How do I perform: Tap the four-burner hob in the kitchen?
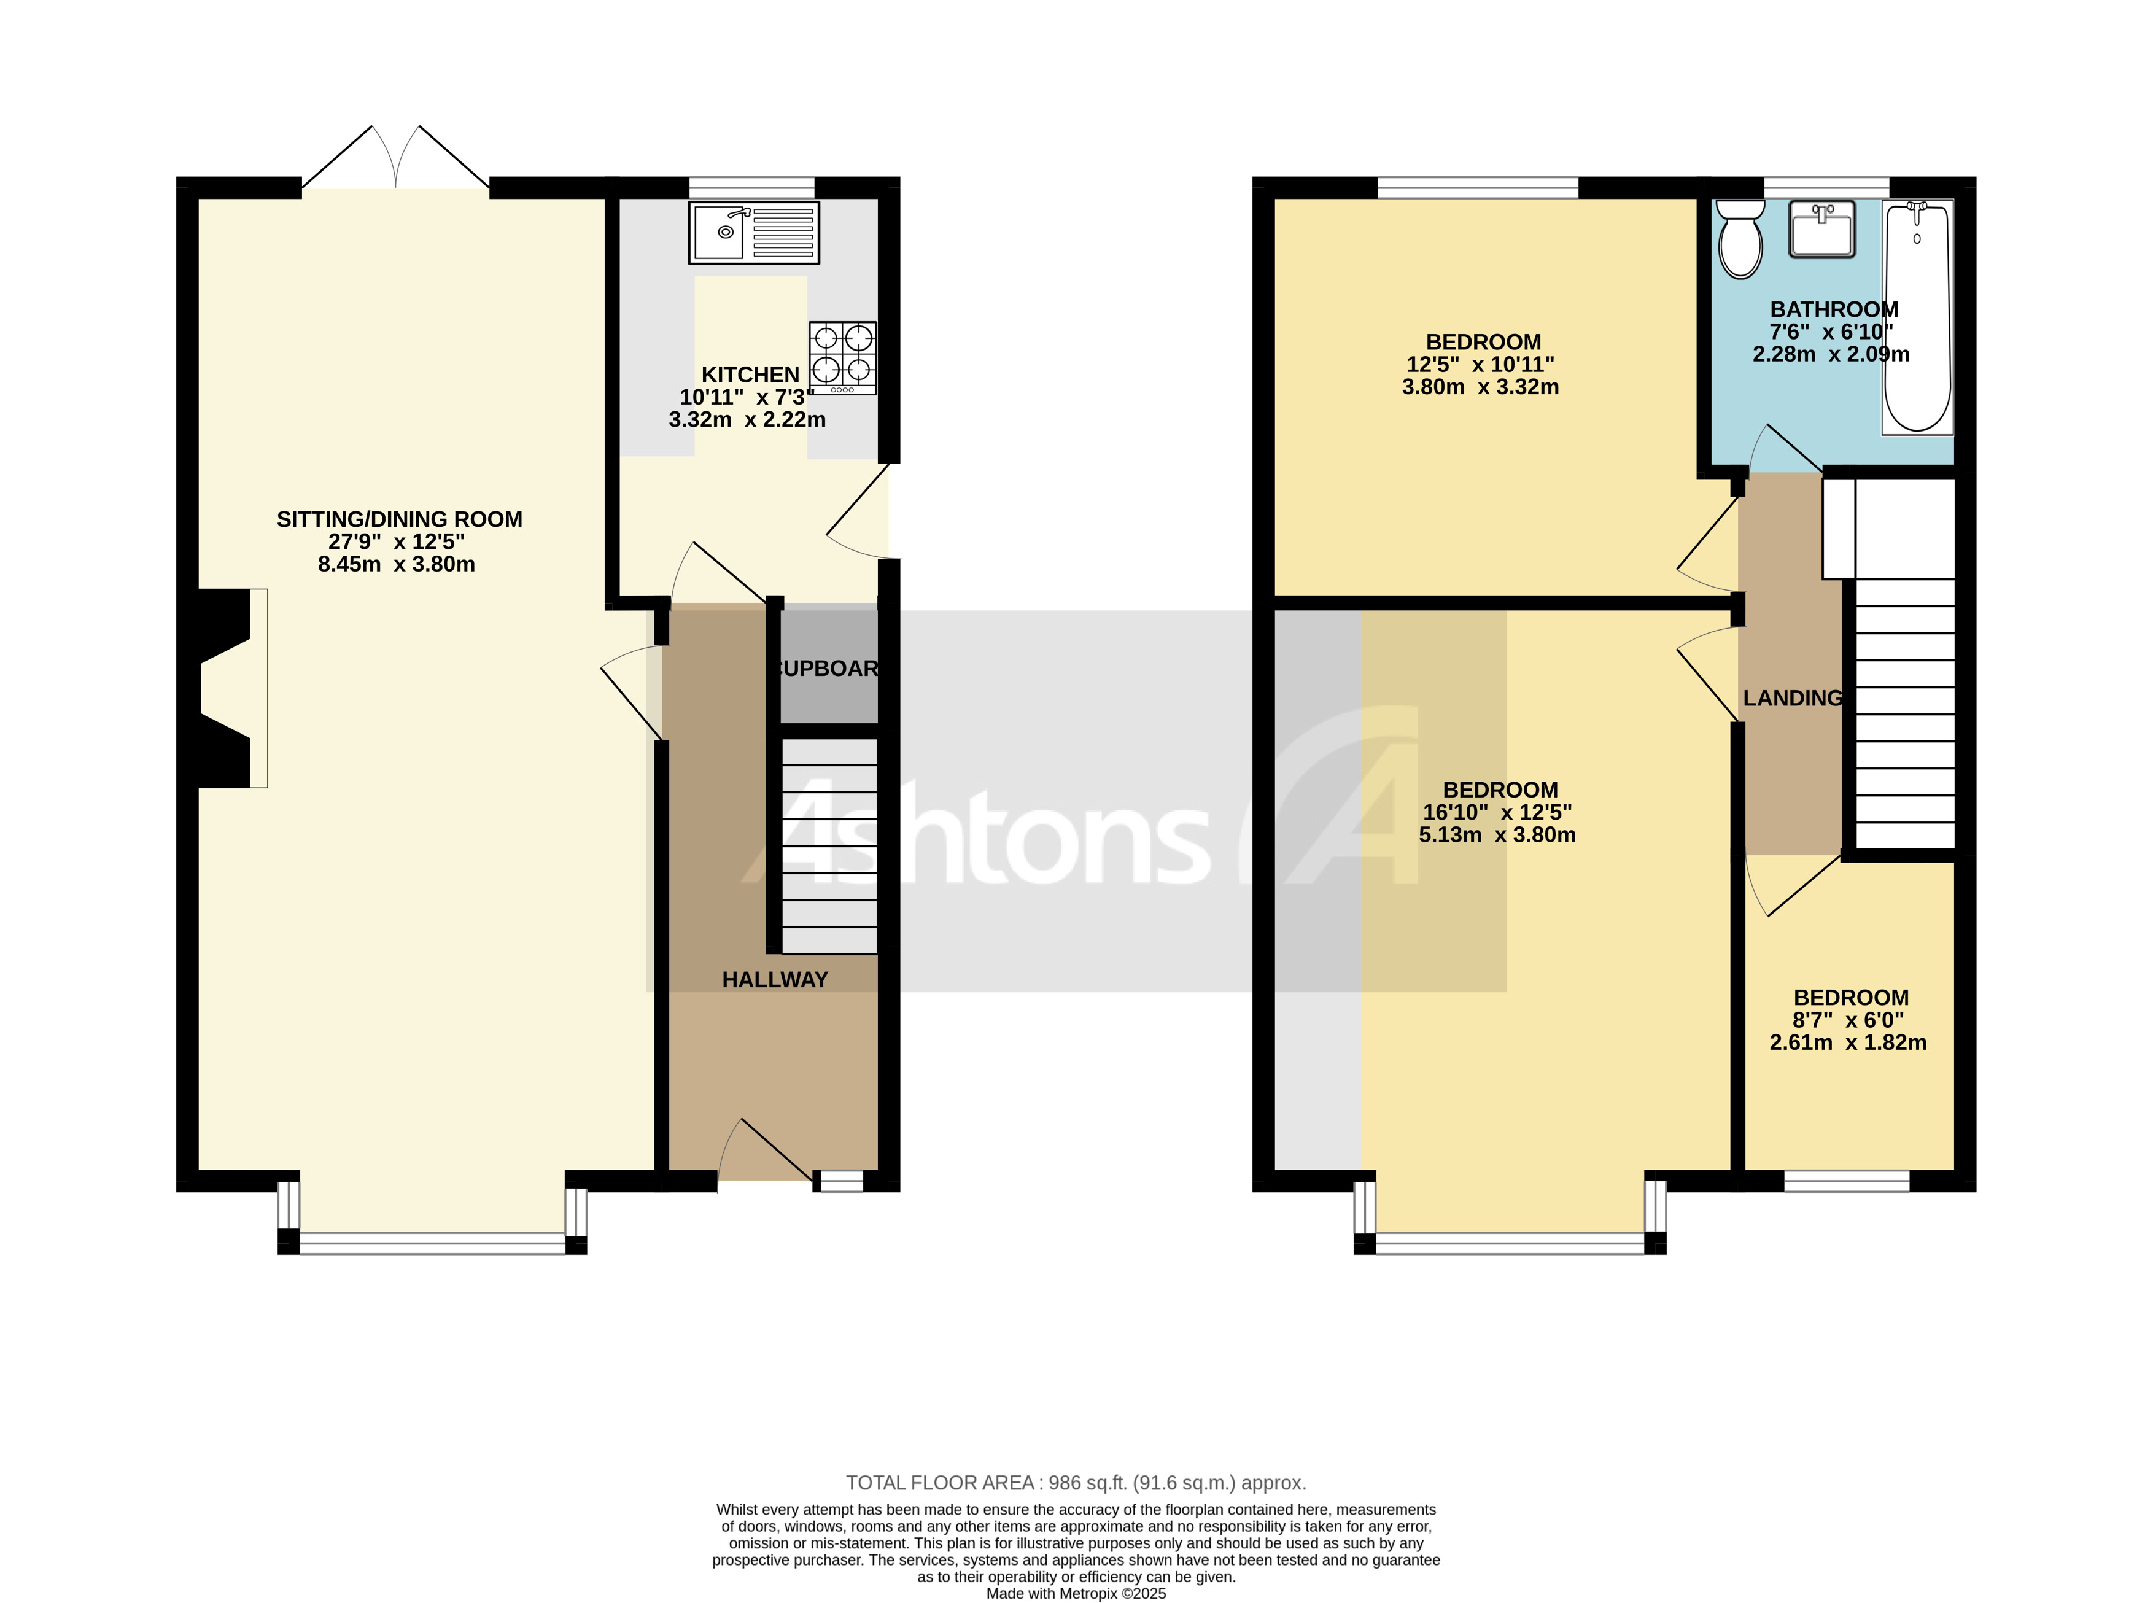pos(842,357)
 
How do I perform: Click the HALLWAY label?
pos(774,980)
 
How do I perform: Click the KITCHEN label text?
pos(750,375)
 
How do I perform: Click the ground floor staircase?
pos(829,844)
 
